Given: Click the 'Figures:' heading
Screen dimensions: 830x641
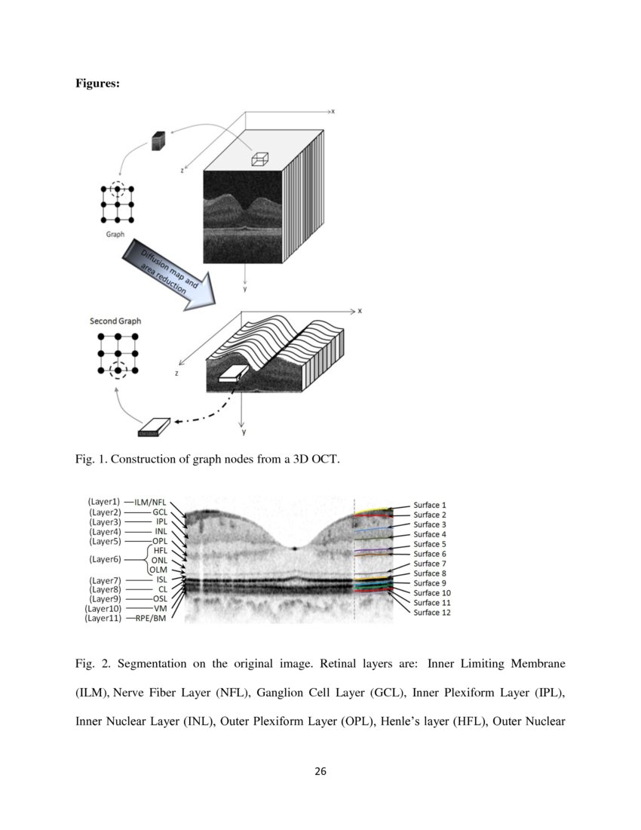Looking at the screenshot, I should click(97, 84).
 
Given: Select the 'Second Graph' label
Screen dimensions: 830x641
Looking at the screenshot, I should click(115, 321).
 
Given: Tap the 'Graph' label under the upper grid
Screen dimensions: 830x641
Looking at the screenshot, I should click(115, 234).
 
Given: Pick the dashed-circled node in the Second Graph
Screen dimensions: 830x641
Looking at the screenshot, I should click(117, 370).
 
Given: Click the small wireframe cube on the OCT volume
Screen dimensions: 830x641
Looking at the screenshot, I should click(260, 158).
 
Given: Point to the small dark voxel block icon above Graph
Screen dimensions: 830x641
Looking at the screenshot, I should click(158, 141).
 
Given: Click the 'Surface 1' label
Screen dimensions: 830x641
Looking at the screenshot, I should click(430, 505).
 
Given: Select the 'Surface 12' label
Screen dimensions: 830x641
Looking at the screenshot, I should click(432, 612).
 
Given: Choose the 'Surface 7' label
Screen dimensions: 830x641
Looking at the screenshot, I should click(430, 564).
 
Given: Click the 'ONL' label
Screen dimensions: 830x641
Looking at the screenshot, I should click(159, 560).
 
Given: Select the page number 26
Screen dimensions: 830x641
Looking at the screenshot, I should click(320, 771).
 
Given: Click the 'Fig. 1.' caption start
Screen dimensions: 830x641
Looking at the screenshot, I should click(89, 458).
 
